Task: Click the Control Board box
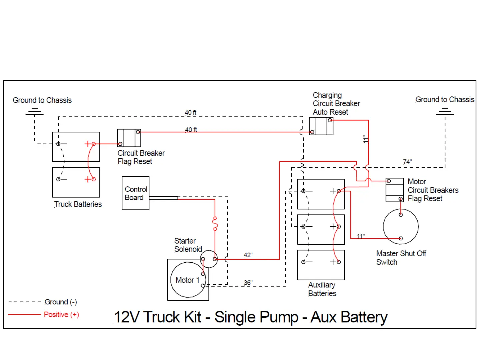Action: pyautogui.click(x=135, y=193)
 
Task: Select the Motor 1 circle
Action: pyautogui.click(x=187, y=280)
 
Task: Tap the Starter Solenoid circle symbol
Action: pyautogui.click(x=209, y=259)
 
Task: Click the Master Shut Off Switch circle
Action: pyautogui.click(x=401, y=227)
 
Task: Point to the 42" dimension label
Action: pyautogui.click(x=248, y=255)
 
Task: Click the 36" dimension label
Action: pyautogui.click(x=248, y=283)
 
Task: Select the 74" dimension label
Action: pyautogui.click(x=407, y=162)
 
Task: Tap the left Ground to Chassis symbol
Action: pyautogui.click(x=34, y=112)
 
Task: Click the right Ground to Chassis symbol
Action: pyautogui.click(x=445, y=111)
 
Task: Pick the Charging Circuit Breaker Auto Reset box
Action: pyautogui.click(x=321, y=126)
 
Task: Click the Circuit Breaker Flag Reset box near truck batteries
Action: pyautogui.click(x=129, y=138)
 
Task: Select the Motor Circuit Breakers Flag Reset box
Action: pyautogui.click(x=395, y=190)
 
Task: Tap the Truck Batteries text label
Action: pyautogui.click(x=78, y=204)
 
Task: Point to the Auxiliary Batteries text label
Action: pyautogui.click(x=322, y=289)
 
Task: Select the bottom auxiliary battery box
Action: pyautogui.click(x=321, y=265)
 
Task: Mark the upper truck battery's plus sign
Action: pyautogui.click(x=88, y=144)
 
